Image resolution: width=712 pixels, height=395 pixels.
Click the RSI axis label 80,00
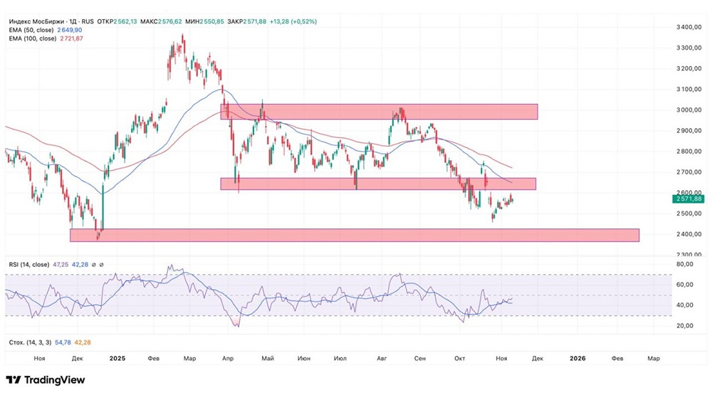[x=686, y=265]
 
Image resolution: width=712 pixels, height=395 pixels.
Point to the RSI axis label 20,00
[x=686, y=326]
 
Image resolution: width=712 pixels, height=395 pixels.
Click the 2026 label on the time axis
[x=578, y=359]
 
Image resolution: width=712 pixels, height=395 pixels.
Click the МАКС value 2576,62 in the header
[x=173, y=21]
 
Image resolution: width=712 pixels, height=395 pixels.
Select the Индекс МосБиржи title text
[x=34, y=21]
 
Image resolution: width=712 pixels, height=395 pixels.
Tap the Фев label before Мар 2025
[x=153, y=359]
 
